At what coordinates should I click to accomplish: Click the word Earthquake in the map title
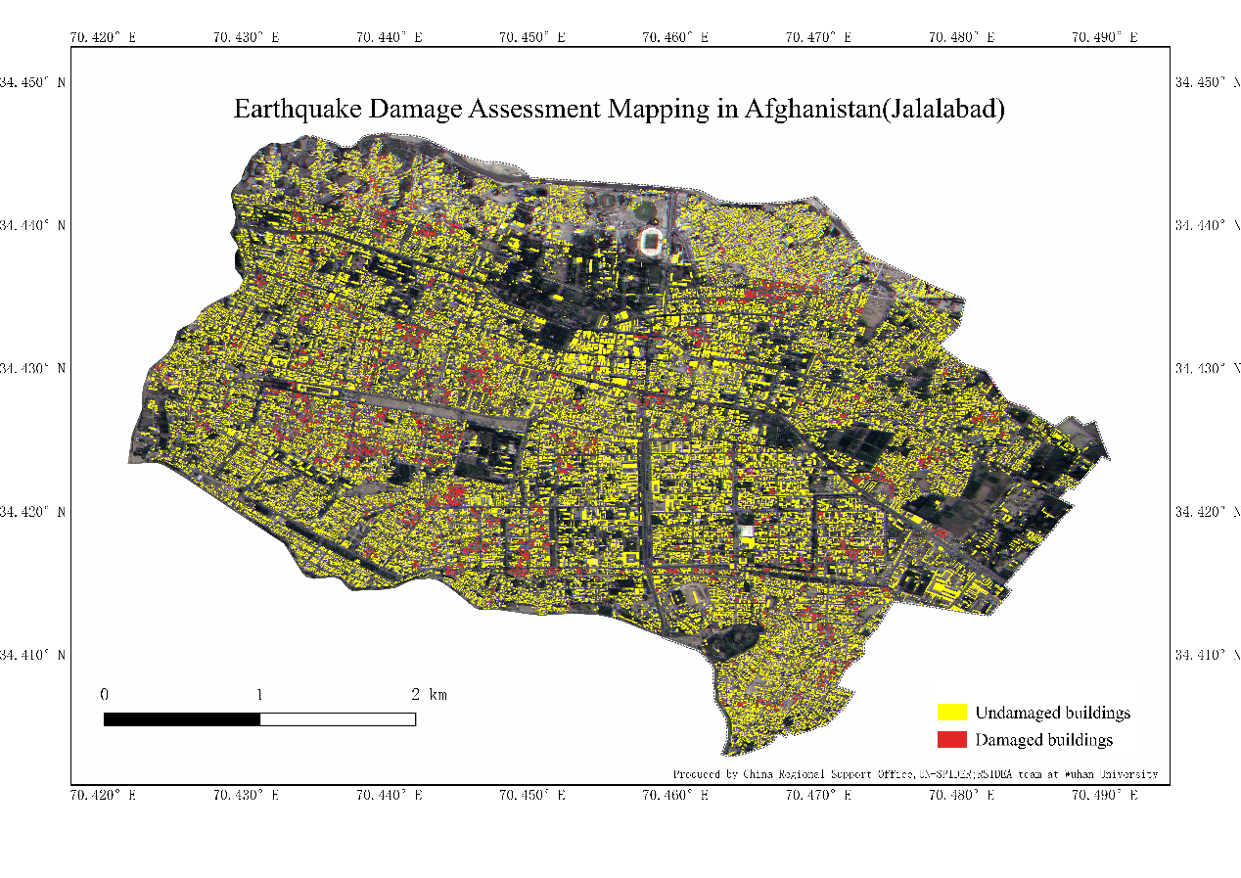297,109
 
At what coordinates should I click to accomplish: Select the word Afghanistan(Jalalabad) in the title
874,109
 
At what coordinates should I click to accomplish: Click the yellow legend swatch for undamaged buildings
951,712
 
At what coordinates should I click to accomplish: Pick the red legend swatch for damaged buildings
951,739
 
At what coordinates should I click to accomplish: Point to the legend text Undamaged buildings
1052,712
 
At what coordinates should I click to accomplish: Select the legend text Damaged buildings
1043,739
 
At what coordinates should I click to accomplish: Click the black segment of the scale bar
182,719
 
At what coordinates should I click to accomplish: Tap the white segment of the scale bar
338,719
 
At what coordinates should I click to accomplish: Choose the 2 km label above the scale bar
429,695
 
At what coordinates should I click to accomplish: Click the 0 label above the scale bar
105,695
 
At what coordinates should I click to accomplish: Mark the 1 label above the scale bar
259,695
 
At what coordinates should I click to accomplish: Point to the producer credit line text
915,773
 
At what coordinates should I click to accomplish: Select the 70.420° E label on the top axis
103,37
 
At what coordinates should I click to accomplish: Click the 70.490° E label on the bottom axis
1104,796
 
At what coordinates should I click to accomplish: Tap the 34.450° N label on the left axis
33,82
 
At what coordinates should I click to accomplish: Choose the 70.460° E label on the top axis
675,37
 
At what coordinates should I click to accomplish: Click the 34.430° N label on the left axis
33,368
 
